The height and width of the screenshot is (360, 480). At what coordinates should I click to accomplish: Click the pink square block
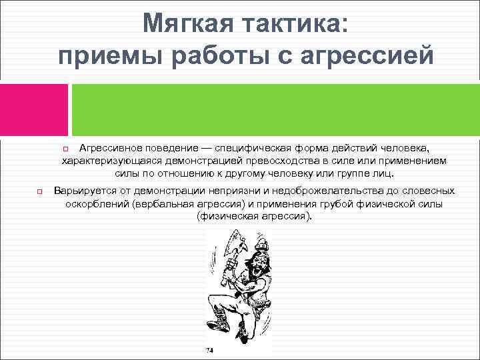click(x=34, y=109)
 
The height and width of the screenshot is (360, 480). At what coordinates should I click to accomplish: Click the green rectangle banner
click(x=275, y=109)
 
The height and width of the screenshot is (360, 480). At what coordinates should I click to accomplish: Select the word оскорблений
click(x=96, y=204)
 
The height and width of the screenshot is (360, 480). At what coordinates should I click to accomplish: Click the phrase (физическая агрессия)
click(x=254, y=217)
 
